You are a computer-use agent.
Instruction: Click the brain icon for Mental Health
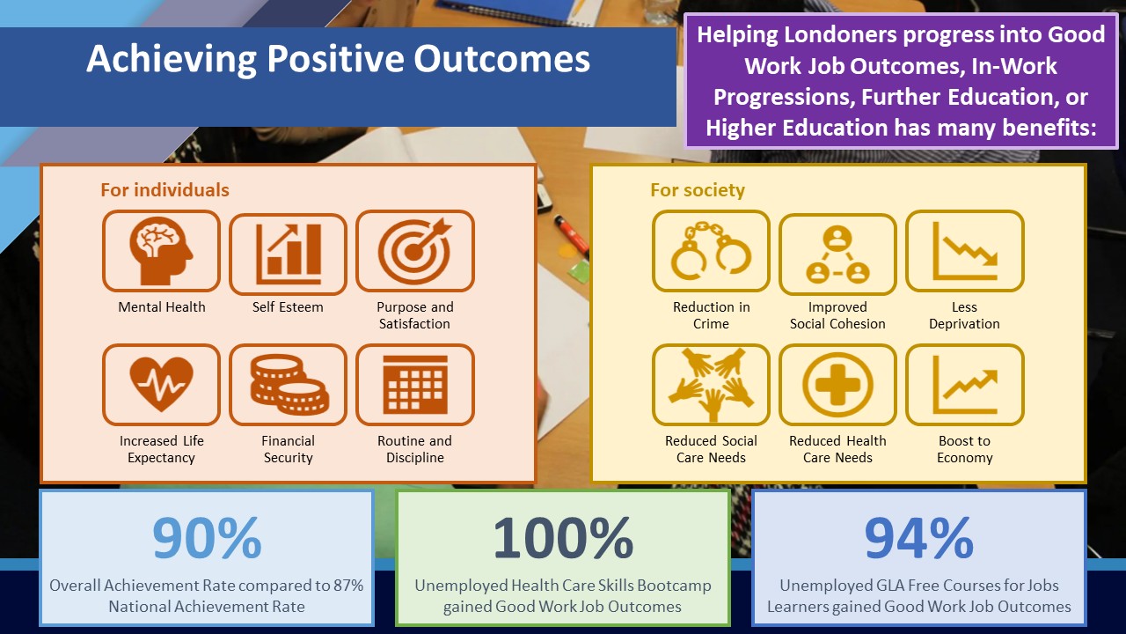(x=161, y=251)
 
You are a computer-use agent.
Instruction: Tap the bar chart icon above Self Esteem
(x=288, y=254)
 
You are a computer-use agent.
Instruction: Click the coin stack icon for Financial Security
(x=289, y=385)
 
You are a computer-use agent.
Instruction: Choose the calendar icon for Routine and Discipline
(x=415, y=385)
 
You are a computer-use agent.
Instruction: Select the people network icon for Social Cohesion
(x=837, y=254)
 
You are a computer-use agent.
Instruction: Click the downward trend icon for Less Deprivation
(x=965, y=251)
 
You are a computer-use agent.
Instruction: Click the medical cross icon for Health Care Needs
(x=837, y=385)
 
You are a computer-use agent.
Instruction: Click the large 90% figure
(x=207, y=538)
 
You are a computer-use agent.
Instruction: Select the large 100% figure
(x=563, y=538)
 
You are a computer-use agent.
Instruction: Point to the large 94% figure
(x=919, y=538)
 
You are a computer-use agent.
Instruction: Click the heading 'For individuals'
(x=165, y=190)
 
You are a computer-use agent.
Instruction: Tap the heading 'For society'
(x=698, y=190)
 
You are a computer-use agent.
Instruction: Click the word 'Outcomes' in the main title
(x=501, y=59)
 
